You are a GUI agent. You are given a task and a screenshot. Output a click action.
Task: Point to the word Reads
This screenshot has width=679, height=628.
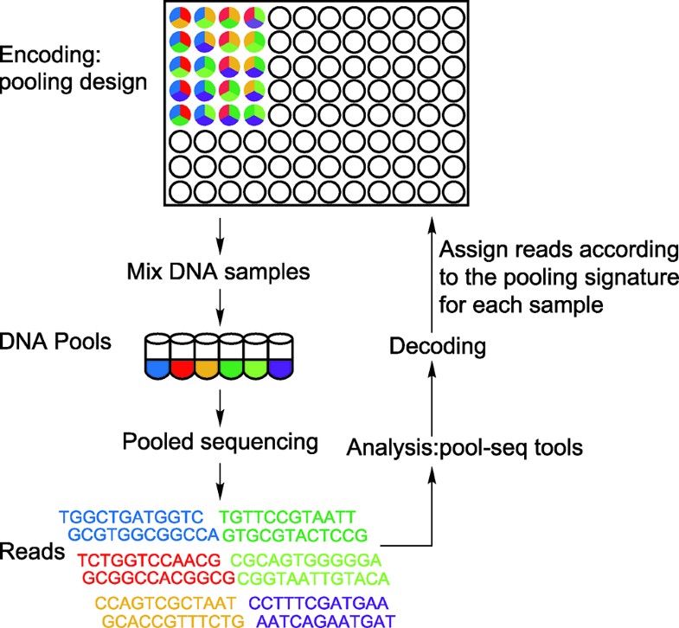(x=35, y=551)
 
